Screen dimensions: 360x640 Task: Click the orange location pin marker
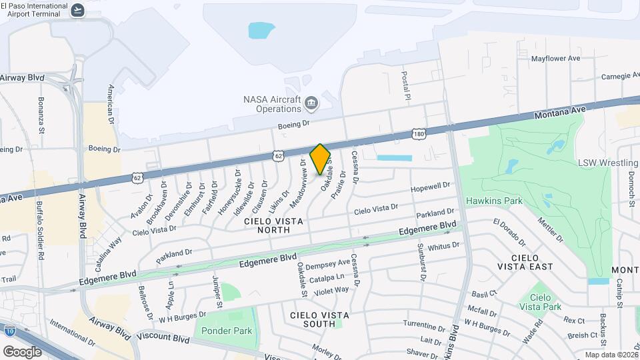(x=320, y=159)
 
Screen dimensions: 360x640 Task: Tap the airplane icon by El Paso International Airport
(x=78, y=9)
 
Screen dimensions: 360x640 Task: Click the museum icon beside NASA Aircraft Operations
(x=311, y=103)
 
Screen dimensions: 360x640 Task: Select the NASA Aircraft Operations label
(x=272, y=104)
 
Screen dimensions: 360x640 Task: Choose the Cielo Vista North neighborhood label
(x=276, y=225)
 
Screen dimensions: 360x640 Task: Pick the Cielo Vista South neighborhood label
(x=313, y=319)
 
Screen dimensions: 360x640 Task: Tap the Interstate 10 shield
(x=9, y=330)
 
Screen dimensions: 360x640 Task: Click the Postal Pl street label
(x=405, y=87)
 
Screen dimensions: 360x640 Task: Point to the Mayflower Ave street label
(x=555, y=59)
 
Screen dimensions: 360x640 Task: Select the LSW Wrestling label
(x=608, y=163)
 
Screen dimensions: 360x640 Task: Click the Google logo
(x=22, y=351)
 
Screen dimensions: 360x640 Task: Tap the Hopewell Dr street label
(x=431, y=187)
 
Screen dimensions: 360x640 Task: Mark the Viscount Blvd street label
(x=164, y=338)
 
